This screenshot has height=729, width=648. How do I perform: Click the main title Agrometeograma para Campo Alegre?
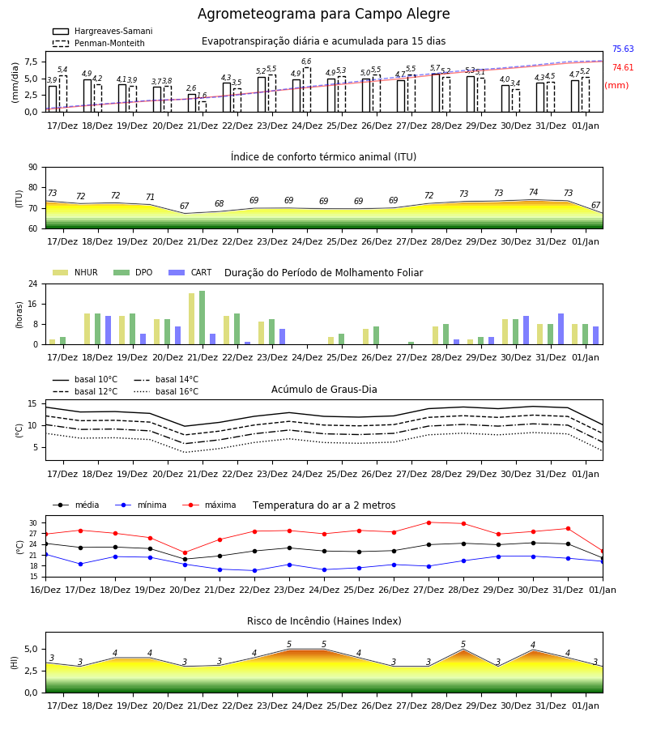(x=323, y=14)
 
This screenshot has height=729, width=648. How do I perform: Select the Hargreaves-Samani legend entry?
(x=102, y=31)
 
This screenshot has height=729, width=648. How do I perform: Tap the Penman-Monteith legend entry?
(x=99, y=43)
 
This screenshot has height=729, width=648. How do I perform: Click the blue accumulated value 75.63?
(x=623, y=49)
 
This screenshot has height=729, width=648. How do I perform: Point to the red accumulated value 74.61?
(x=623, y=67)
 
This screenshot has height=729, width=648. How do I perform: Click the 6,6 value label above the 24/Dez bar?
(x=306, y=62)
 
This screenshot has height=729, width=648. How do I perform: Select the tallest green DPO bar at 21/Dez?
(x=202, y=318)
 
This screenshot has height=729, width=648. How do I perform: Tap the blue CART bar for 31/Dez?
(x=561, y=329)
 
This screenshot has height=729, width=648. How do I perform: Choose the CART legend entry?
(x=190, y=272)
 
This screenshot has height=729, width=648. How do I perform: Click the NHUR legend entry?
(x=75, y=272)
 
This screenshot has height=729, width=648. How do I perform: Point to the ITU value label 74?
(x=533, y=192)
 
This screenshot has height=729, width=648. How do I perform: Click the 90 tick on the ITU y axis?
(x=33, y=168)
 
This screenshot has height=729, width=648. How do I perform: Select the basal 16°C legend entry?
(x=166, y=391)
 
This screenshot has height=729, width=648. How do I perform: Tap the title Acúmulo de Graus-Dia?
(x=324, y=389)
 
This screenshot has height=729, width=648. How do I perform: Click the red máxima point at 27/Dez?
(x=428, y=522)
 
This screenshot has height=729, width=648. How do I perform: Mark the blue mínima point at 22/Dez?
(x=254, y=570)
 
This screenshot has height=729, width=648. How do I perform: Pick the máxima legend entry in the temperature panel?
(x=209, y=505)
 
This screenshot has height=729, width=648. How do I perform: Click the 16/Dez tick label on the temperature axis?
(x=45, y=590)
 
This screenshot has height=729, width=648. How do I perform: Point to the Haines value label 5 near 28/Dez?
(x=463, y=644)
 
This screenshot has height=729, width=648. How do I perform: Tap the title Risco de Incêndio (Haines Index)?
(x=324, y=620)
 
